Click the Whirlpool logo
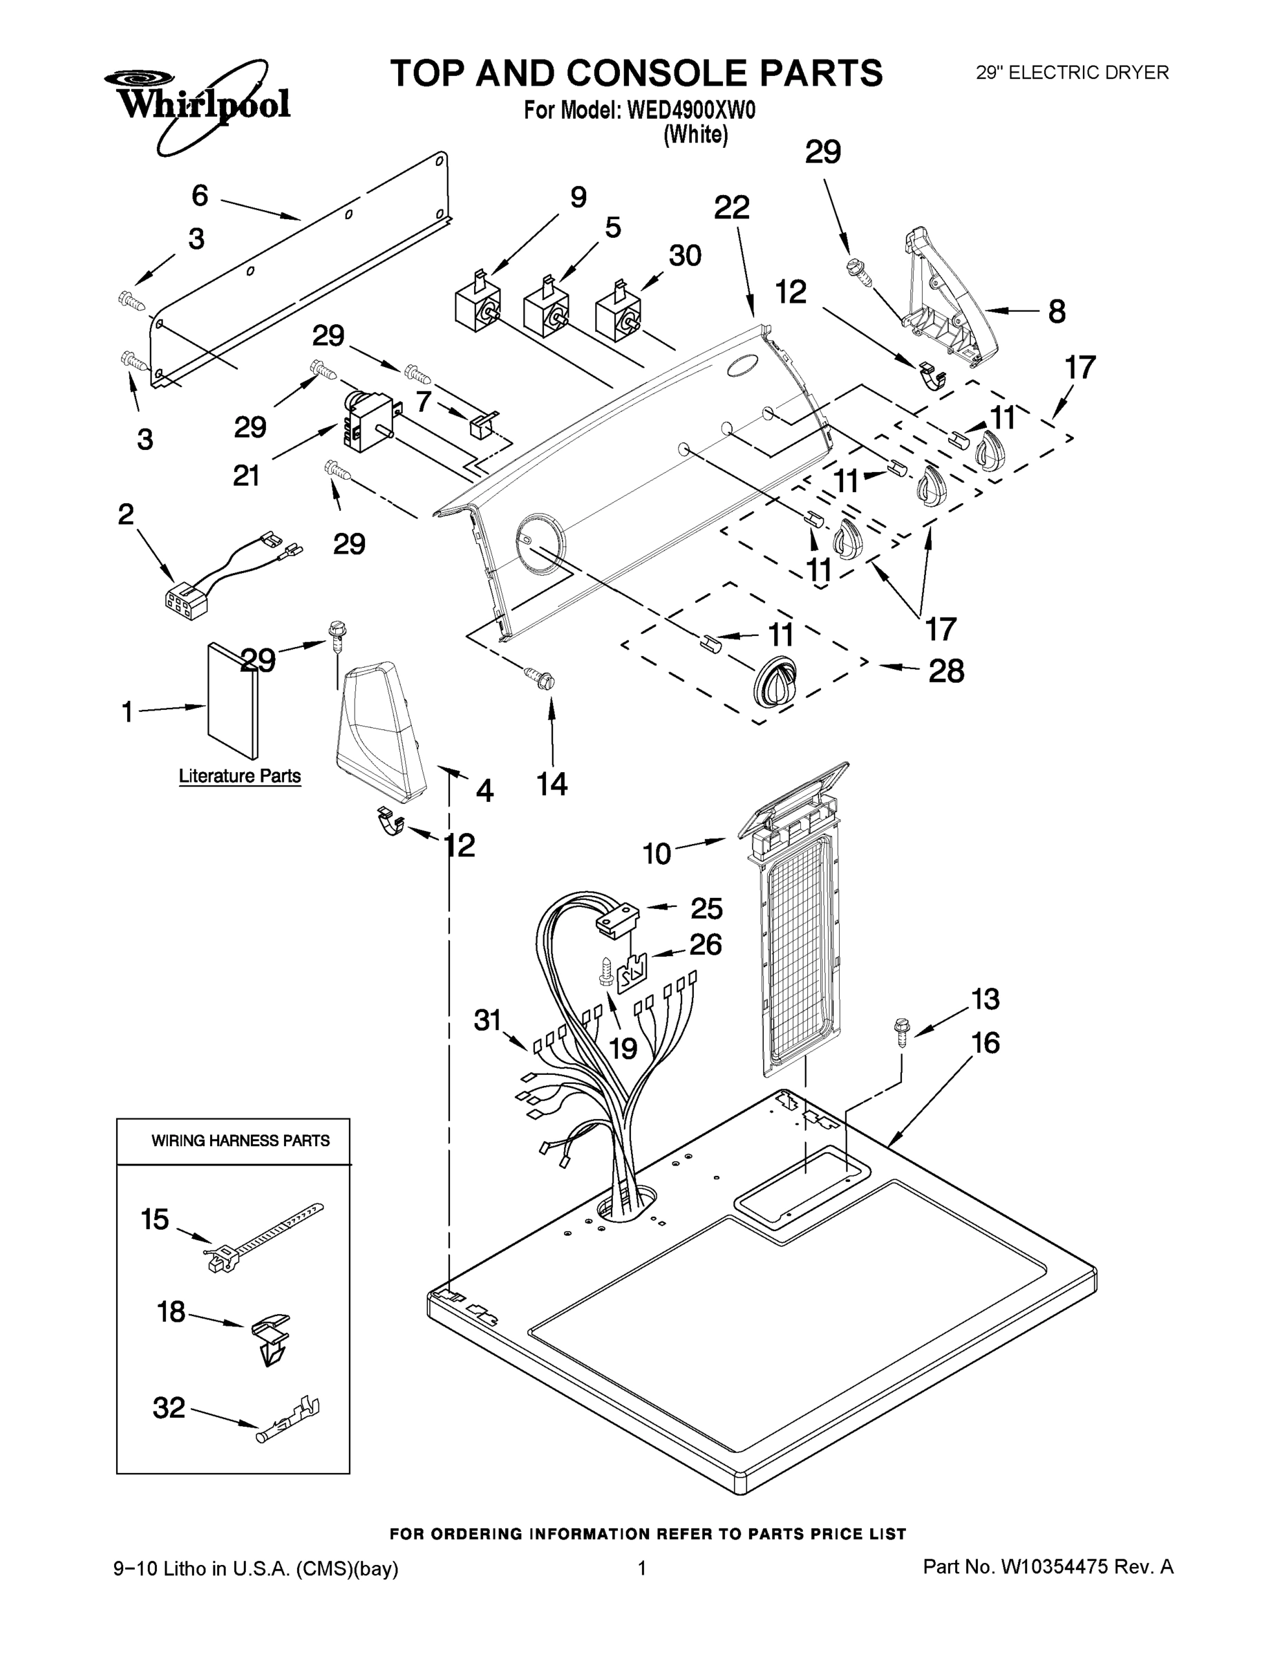tap(199, 102)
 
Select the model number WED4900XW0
tap(690, 111)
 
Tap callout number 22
tap(731, 207)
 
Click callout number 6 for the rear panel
tap(200, 196)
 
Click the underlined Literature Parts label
tap(240, 776)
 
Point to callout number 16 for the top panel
tap(985, 1043)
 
